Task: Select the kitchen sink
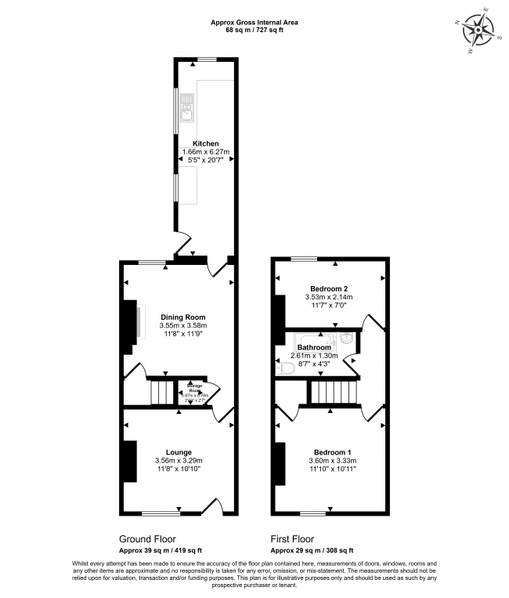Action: pos(186,109)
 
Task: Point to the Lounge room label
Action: pos(179,452)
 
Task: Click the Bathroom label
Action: pos(314,347)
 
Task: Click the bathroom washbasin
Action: pos(345,339)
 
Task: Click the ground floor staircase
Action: pos(161,390)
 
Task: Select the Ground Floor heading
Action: pos(147,538)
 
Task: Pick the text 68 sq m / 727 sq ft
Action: pos(254,30)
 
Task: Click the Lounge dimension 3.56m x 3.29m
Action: pos(179,461)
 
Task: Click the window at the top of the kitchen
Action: pos(207,60)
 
